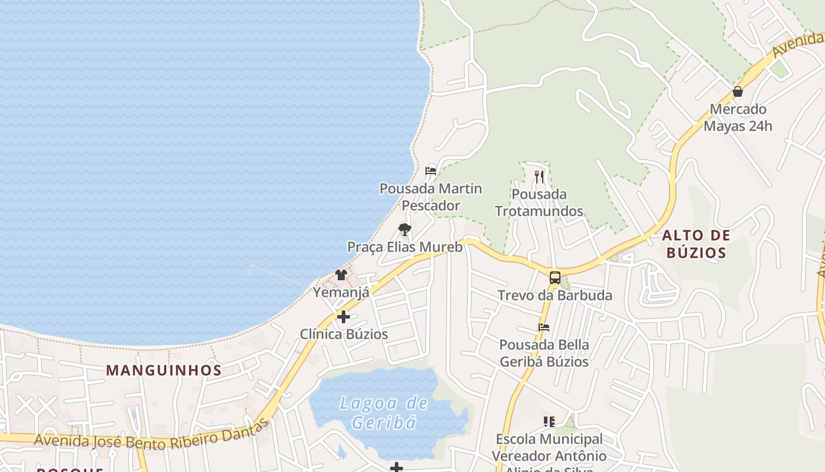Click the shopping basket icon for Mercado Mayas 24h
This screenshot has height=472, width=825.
(737, 91)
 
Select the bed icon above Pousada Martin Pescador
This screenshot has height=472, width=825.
(431, 171)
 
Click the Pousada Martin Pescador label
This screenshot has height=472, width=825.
(431, 197)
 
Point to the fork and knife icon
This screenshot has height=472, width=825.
(539, 176)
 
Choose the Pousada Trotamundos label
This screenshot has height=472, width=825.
(539, 202)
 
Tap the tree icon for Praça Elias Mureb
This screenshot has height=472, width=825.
(404, 229)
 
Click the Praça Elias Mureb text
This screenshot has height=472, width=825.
(405, 247)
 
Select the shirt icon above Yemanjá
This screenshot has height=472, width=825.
(341, 274)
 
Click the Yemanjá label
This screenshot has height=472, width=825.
(341, 292)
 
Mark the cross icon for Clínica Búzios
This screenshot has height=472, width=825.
(344, 317)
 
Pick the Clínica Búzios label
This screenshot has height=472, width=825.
(344, 334)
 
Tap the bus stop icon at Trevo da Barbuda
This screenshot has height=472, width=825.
(555, 278)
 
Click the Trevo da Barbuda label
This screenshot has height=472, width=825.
(555, 295)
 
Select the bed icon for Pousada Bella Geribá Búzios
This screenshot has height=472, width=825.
(543, 327)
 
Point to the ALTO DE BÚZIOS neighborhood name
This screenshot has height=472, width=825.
(696, 244)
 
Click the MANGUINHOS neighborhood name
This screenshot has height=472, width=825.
(164, 371)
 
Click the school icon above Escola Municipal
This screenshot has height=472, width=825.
(549, 421)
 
